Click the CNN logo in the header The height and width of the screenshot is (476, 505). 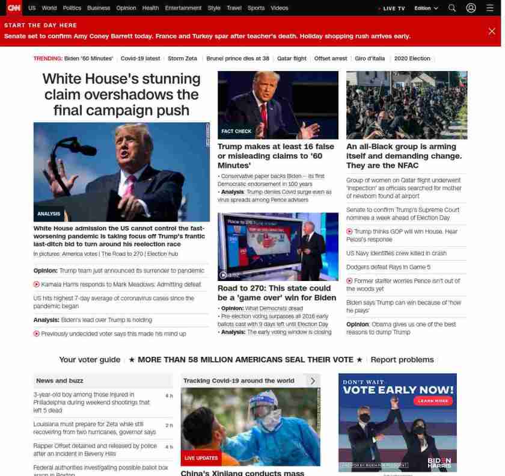point(14,8)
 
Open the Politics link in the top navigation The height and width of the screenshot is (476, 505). point(72,8)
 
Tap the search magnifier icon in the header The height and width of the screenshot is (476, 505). point(452,8)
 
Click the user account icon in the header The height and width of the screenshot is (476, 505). point(471,8)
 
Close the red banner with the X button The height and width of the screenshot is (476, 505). point(492,31)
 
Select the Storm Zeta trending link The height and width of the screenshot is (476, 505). point(182,58)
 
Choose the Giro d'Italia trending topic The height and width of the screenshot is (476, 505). point(370,58)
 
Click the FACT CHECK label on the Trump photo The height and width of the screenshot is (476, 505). point(236,131)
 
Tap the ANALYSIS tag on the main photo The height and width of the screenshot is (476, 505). point(49,214)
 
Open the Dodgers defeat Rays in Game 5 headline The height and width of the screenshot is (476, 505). point(388,267)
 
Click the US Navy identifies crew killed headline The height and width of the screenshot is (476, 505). point(396,253)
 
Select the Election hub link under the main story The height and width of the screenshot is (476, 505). point(163,254)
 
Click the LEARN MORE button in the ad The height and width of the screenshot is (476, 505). point(433,401)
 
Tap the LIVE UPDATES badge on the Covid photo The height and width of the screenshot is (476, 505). point(201,458)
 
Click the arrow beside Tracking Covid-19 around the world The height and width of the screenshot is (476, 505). point(313,381)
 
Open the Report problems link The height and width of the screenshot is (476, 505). point(402,360)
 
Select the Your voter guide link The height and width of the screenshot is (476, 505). point(90,360)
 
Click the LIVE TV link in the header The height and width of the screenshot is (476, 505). point(393,8)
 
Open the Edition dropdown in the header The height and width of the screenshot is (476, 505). point(426,8)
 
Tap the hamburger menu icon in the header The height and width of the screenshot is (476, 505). point(489,8)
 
